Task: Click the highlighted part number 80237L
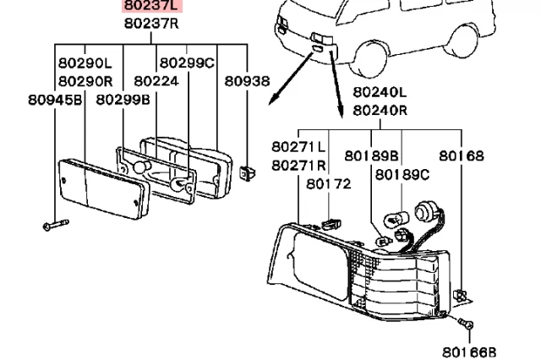(150, 7)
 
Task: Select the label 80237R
(150, 24)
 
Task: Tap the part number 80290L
(85, 63)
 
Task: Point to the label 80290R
(85, 81)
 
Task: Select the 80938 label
(247, 81)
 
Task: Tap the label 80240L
(380, 92)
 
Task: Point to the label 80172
(328, 183)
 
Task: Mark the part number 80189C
(402, 174)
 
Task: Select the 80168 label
(461, 155)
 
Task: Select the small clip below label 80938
(247, 173)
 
